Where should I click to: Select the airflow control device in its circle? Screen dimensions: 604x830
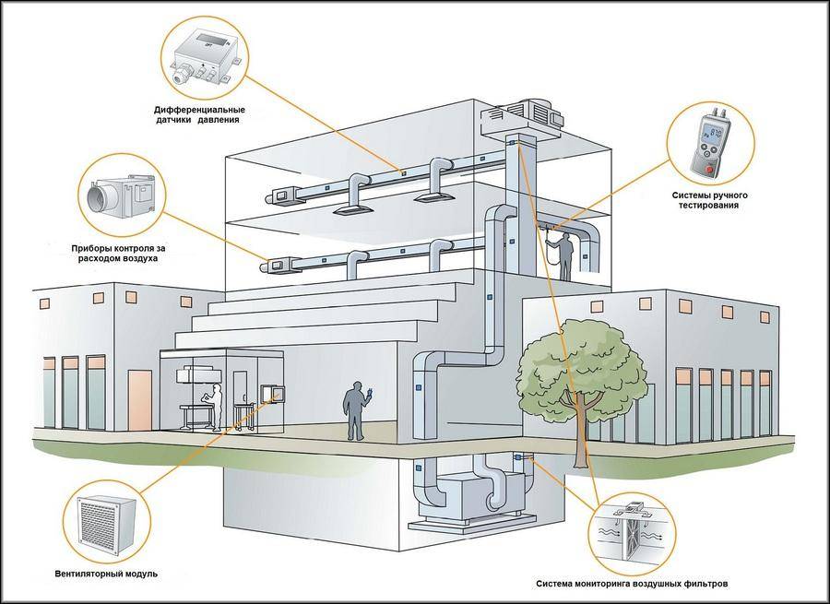pyautogui.click(x=121, y=196)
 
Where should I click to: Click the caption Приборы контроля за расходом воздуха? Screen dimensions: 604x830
pyautogui.click(x=114, y=254)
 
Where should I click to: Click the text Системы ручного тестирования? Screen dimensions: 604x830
pyautogui.click(x=710, y=199)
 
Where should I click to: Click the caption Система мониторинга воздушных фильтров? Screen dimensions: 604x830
pyautogui.click(x=637, y=584)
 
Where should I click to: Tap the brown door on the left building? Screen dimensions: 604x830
pyautogui.click(x=140, y=399)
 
